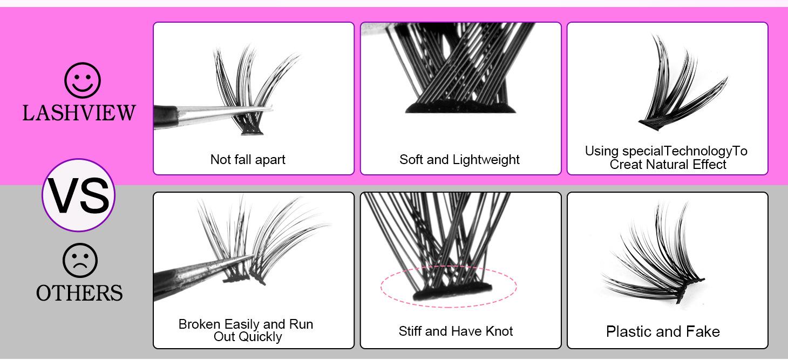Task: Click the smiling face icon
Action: tap(82, 80)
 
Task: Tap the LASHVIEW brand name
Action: tap(79, 113)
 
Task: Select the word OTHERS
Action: tap(79, 293)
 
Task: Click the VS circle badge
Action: tap(79, 195)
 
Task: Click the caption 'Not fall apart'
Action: tap(248, 159)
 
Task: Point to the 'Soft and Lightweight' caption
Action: tap(459, 159)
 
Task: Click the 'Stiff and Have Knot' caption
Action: tap(456, 331)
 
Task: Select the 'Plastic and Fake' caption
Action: tap(663, 331)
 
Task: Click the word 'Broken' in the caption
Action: tap(199, 324)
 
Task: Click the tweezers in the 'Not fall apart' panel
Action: tap(205, 115)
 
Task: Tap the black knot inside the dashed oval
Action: tap(452, 293)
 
